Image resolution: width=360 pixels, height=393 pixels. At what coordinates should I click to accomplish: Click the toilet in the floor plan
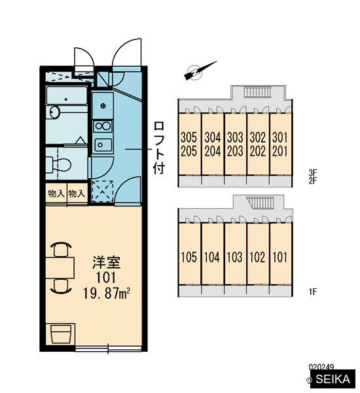(59, 164)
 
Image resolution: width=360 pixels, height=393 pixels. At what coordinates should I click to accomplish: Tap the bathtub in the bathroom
(67, 96)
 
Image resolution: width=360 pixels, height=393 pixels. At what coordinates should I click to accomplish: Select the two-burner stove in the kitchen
(103, 126)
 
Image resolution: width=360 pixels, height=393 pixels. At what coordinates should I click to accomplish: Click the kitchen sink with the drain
(103, 105)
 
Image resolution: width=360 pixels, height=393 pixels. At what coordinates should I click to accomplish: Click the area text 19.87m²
(106, 293)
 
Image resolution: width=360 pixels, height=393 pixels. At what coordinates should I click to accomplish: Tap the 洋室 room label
(106, 263)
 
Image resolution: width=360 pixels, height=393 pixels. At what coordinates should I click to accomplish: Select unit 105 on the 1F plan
(189, 257)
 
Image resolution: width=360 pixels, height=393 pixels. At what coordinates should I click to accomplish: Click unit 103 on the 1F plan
(235, 257)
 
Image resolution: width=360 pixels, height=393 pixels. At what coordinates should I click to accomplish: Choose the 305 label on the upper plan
(189, 138)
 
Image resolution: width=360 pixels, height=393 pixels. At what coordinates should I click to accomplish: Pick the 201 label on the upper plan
(280, 151)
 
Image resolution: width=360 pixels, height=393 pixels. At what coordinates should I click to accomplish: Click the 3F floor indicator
(313, 172)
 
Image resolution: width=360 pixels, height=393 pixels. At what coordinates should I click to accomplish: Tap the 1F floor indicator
(313, 291)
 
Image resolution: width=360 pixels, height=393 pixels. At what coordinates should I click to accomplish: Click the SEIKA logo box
(333, 379)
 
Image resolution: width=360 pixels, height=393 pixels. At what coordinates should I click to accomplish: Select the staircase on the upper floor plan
(258, 92)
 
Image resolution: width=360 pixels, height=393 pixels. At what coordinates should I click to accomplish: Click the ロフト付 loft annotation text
(159, 148)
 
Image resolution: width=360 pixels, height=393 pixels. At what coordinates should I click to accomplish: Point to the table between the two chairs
(60, 268)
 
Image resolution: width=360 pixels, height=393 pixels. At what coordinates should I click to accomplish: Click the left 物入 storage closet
(56, 193)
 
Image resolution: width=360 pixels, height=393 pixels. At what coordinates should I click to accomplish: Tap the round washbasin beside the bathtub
(54, 112)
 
